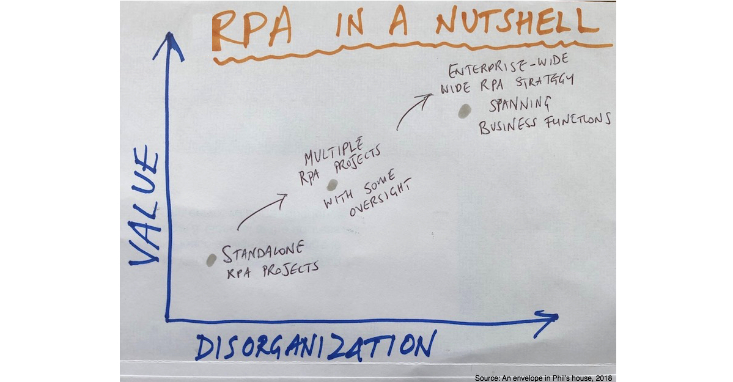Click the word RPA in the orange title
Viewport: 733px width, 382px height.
point(251,31)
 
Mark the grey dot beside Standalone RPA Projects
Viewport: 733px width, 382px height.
point(212,260)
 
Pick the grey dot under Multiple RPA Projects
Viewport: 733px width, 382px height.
point(332,185)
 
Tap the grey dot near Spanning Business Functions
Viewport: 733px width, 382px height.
point(464,111)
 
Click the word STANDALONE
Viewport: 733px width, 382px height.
point(263,252)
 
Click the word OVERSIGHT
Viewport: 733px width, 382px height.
point(381,198)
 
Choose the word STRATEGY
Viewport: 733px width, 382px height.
point(545,81)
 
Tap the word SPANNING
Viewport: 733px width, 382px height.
point(520,105)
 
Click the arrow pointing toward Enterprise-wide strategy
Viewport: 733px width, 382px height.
point(413,111)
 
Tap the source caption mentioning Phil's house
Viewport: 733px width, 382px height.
point(543,378)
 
